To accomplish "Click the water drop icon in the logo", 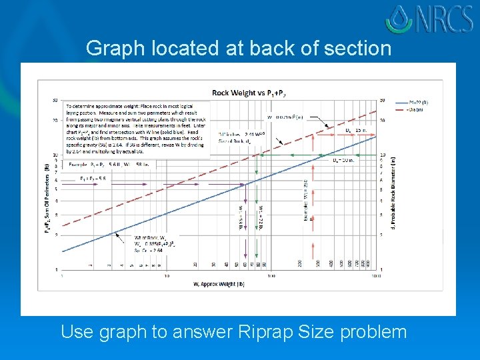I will pyautogui.click(x=398, y=18).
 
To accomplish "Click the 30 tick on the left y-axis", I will pyautogui.click(x=55, y=100).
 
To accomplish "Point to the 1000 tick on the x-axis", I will pyautogui.click(x=375, y=275).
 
